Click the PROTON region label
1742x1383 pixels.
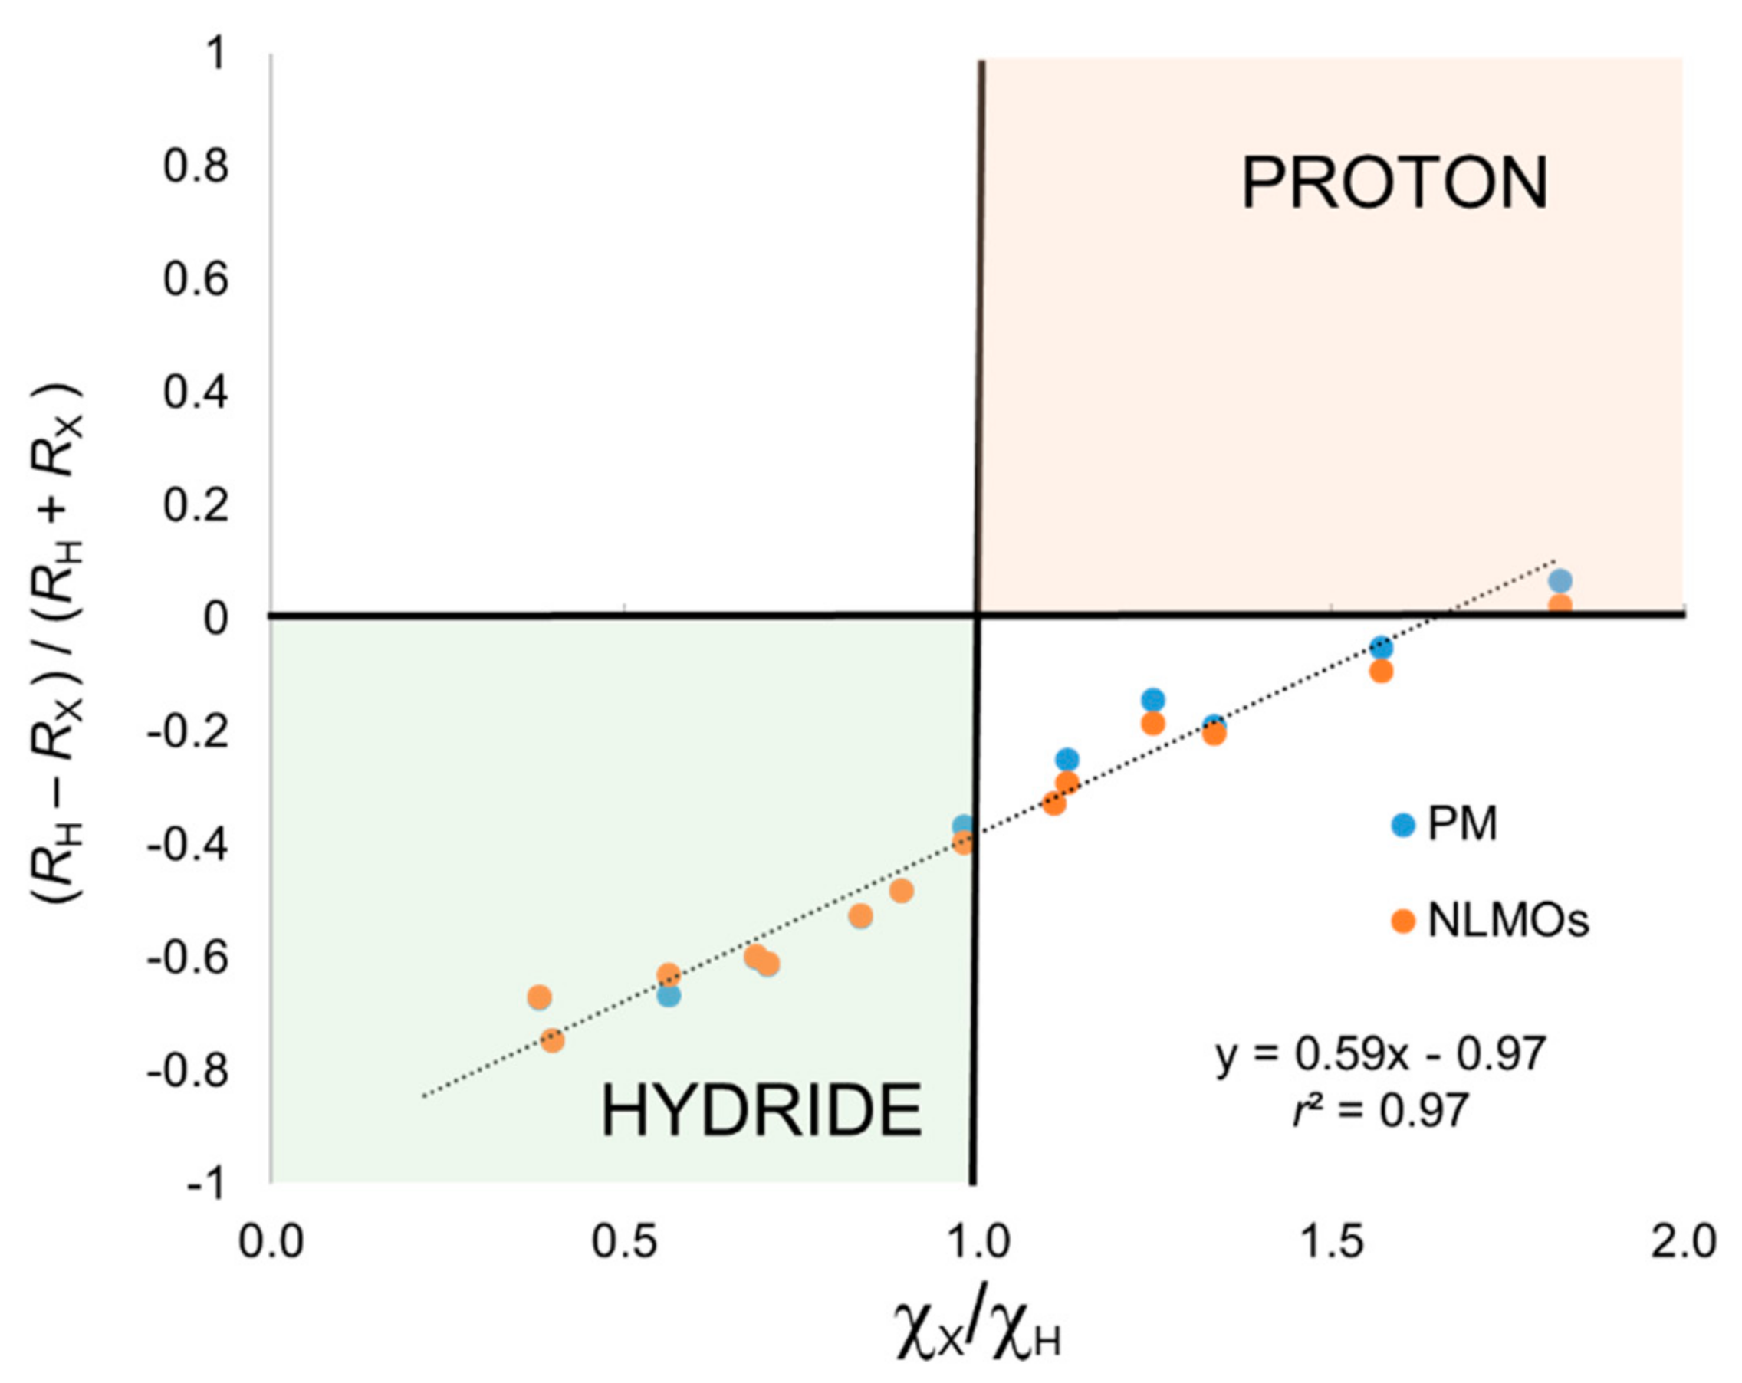1395,185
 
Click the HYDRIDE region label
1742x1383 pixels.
761,1112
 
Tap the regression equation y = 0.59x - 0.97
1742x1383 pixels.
1380,1054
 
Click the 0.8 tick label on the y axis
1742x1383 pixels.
196,166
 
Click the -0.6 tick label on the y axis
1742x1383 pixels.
187,958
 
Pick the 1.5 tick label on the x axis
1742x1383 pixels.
1330,1243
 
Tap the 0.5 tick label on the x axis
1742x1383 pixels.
624,1243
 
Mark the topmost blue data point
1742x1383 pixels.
1560,580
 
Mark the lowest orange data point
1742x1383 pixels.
552,1040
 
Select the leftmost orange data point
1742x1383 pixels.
539,997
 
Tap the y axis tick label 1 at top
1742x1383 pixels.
214,56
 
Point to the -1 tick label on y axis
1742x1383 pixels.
205,1184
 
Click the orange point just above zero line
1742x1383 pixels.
1560,605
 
